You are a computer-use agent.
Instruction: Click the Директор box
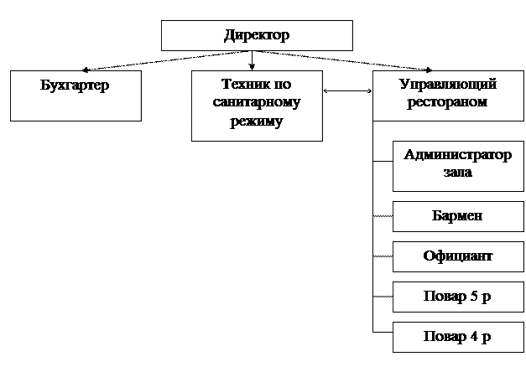coord(257,35)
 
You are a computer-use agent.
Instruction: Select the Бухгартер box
coord(75,95)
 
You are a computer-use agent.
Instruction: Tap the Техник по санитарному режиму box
coord(257,104)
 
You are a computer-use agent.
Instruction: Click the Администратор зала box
coord(457,166)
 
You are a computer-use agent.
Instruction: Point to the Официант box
coord(457,256)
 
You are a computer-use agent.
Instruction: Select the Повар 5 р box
coord(457,297)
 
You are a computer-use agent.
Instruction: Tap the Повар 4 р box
coord(457,336)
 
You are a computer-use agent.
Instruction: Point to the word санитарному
coord(257,104)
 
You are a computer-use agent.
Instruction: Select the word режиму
coord(257,122)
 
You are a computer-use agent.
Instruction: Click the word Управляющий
coord(446,85)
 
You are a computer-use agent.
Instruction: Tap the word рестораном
coord(446,103)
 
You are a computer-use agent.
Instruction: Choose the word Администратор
coord(457,155)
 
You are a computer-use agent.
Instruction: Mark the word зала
coord(457,173)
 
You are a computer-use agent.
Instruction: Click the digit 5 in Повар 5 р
coord(474,297)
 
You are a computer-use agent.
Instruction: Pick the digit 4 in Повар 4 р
coord(474,337)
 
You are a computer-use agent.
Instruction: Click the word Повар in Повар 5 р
coord(445,297)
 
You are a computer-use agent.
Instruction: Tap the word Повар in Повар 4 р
coord(445,337)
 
